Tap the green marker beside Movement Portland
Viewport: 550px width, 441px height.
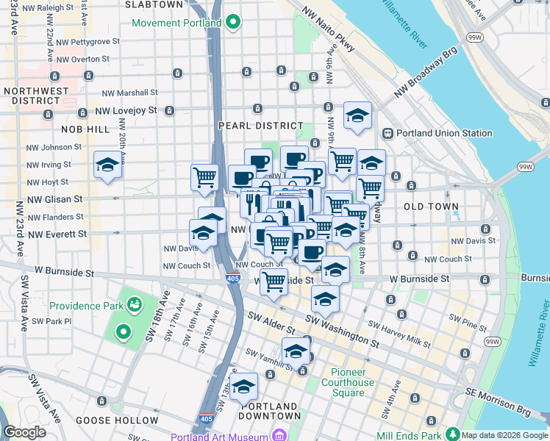click(233, 23)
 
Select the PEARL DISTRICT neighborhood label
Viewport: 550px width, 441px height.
click(260, 126)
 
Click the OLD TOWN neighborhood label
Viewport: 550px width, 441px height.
click(431, 207)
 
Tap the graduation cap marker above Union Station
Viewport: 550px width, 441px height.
click(357, 115)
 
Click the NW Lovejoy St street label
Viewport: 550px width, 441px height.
click(126, 111)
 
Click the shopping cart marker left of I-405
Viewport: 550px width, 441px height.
click(204, 177)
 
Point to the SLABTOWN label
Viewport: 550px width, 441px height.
click(154, 4)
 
